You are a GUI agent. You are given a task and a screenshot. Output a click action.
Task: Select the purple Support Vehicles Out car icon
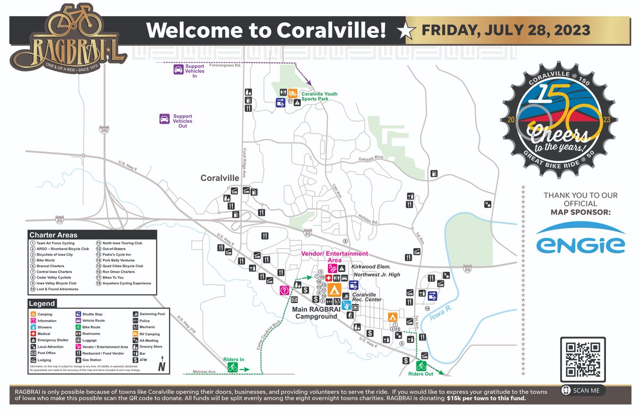(165, 119)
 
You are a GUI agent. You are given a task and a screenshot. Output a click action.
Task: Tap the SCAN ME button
(583, 391)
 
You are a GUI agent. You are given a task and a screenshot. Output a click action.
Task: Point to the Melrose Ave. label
(204, 371)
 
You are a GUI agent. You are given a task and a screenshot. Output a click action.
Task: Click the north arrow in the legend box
(161, 367)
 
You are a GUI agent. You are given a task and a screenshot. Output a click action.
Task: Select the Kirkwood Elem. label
(371, 266)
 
